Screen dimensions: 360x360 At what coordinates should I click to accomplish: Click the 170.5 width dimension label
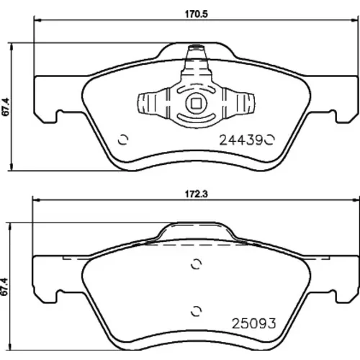point(196,14)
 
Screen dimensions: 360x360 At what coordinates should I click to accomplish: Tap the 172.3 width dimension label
point(196,194)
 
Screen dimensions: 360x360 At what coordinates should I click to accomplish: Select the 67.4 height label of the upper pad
point(6,107)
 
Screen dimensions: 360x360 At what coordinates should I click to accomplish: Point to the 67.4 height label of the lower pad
point(6,287)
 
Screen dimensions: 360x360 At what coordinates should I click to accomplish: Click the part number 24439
point(241,140)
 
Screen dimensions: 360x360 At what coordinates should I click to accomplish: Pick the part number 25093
point(253,323)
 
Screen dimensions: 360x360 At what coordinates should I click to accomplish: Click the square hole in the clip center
point(196,103)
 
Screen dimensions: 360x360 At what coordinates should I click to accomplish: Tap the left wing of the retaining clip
point(153,103)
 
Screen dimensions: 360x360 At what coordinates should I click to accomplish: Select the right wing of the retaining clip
point(239,103)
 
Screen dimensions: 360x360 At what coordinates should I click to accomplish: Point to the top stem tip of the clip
point(196,47)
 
